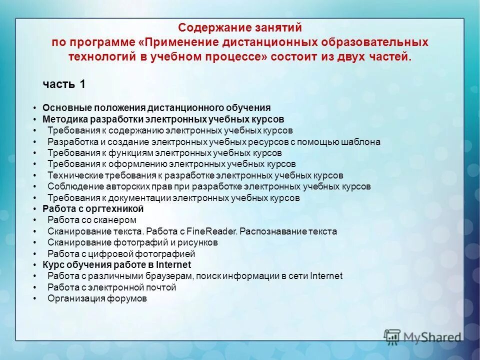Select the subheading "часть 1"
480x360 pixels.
(63, 84)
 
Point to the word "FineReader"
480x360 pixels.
(212, 231)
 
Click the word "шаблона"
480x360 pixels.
(362, 142)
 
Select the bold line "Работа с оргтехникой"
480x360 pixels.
(93, 209)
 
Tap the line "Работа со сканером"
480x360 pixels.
(92, 220)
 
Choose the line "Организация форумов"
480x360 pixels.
(97, 298)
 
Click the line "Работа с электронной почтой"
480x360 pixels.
(112, 287)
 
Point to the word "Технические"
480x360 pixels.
(75, 175)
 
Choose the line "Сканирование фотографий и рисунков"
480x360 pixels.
(132, 242)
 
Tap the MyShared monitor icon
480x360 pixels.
(392, 336)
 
